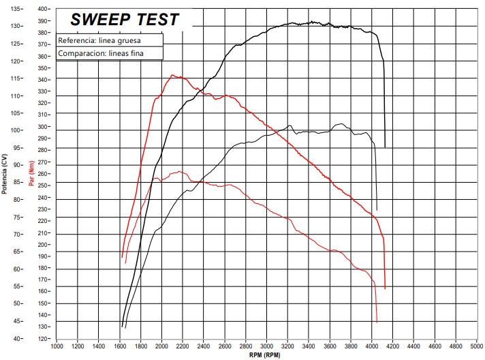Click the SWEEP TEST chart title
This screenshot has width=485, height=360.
125,19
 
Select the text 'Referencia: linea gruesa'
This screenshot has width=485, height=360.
99,40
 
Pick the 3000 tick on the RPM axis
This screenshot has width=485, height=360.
266,346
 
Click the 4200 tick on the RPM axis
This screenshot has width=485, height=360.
392,346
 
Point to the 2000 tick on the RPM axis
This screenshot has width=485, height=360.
161,346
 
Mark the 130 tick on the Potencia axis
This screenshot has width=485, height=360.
16,26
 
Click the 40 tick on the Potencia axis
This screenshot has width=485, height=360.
18,338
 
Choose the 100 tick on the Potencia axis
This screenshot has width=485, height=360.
16,130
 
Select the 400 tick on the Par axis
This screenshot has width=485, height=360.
44,9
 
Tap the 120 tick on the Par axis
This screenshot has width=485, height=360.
44,338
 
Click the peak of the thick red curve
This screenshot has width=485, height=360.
172,75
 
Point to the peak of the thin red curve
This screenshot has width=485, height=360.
179,171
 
